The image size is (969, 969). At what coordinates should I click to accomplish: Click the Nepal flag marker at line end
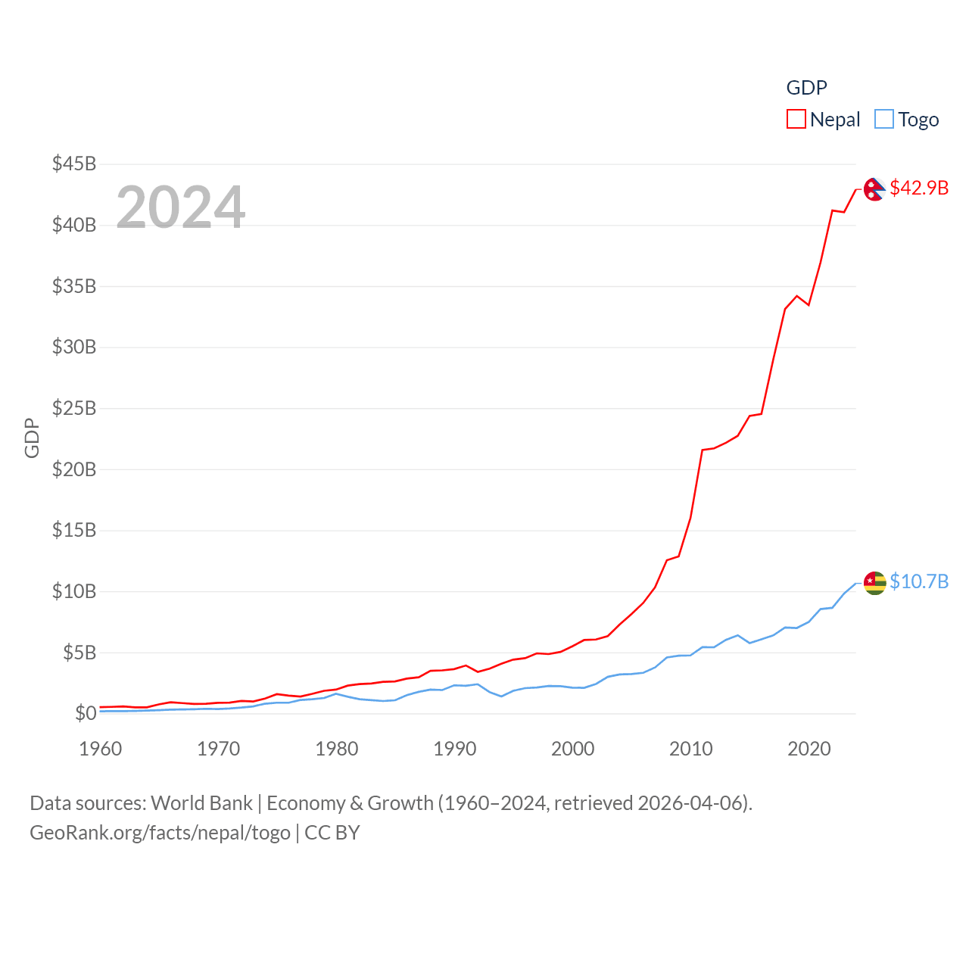[874, 189]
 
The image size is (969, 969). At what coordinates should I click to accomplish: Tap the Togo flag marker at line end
[874, 583]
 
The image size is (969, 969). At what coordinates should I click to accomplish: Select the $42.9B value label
[919, 188]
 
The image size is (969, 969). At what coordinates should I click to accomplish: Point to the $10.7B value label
[919, 581]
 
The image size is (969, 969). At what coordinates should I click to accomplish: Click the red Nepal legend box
[796, 119]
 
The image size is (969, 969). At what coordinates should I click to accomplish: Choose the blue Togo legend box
[884, 119]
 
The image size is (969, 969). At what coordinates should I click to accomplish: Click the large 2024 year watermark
[180, 207]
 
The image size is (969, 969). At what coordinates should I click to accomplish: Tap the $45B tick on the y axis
[74, 164]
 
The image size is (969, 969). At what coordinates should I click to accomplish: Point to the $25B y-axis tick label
[74, 408]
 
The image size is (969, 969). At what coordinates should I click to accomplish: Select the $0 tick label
[86, 713]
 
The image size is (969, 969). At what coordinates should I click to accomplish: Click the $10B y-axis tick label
[74, 591]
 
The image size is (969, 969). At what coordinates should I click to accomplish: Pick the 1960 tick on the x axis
[101, 749]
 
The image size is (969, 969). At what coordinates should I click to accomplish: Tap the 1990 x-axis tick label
[455, 749]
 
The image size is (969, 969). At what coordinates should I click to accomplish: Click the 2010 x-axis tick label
[691, 749]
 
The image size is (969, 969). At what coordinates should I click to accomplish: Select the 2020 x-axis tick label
[809, 749]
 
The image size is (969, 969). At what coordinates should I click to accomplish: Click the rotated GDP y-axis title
[32, 438]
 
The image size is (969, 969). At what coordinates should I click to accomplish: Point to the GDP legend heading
[807, 88]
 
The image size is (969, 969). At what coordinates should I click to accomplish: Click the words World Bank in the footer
[202, 803]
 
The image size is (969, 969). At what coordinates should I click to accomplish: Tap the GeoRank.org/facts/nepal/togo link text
[160, 833]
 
